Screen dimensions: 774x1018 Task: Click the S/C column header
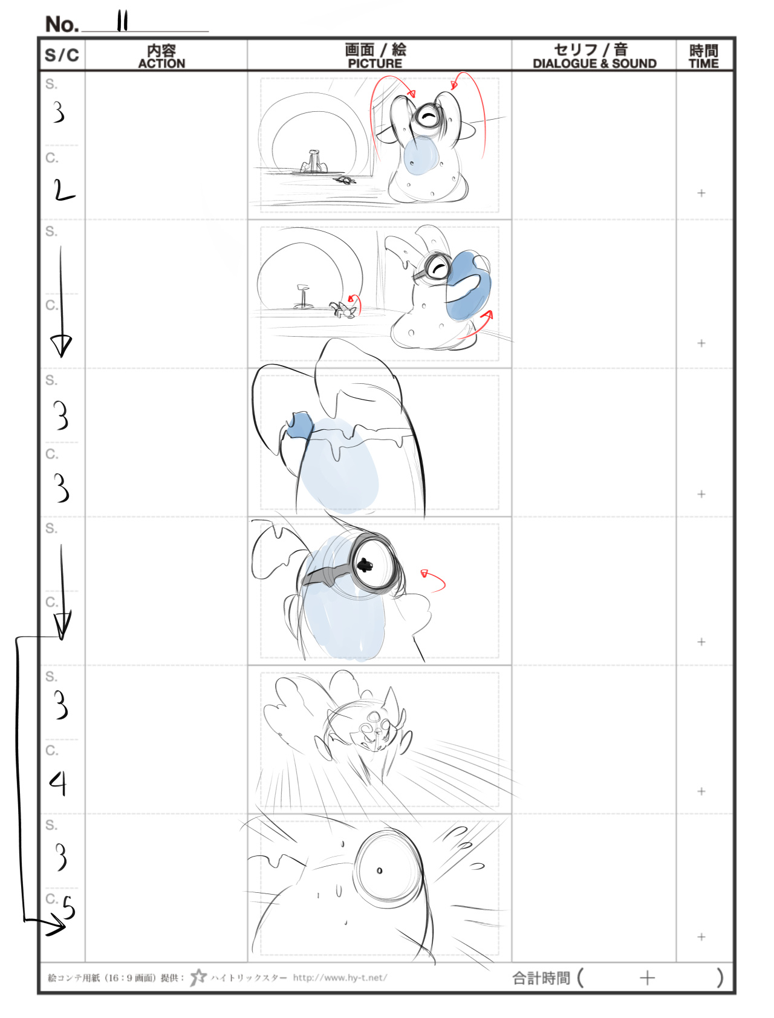62,55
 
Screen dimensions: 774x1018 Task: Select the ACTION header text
161,63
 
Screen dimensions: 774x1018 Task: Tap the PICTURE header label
375,63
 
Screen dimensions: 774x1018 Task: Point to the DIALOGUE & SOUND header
594,63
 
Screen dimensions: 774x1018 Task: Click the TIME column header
704,63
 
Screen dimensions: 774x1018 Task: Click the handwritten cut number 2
63,191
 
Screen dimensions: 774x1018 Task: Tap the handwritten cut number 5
69,907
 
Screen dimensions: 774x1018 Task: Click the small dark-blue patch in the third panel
299,424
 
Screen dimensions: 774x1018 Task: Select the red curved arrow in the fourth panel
434,580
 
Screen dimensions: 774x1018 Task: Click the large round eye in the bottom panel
388,869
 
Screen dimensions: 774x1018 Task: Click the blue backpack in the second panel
468,285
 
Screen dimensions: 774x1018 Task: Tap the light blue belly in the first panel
420,155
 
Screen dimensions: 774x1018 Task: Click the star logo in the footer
198,977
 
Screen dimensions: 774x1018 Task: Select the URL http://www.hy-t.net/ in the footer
340,977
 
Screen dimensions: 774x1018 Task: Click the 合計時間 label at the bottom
541,977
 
